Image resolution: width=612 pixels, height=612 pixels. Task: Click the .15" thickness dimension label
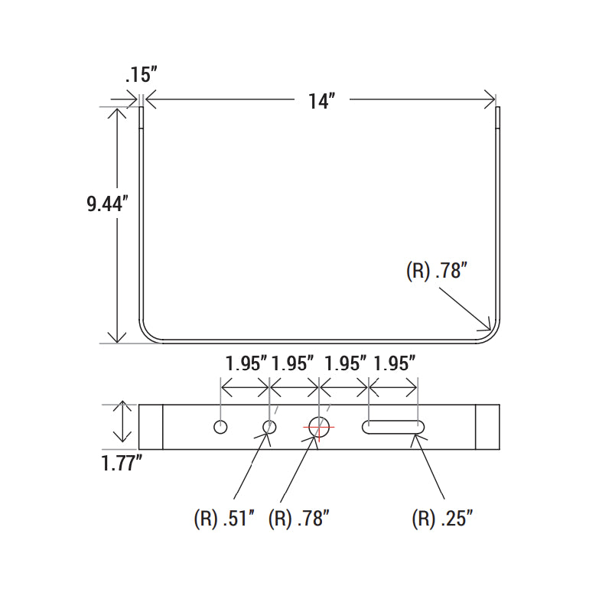click(141, 74)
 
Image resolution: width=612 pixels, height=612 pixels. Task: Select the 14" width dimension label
click(322, 100)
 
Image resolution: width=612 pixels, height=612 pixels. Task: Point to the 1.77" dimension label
click(122, 463)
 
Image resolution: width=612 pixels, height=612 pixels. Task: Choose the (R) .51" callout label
click(223, 519)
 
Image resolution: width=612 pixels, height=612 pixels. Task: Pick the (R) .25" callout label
click(442, 519)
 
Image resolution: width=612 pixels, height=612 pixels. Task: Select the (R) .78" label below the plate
click(298, 519)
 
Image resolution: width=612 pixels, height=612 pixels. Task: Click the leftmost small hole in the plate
click(221, 427)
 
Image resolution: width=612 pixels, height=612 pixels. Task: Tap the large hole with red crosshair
click(318, 427)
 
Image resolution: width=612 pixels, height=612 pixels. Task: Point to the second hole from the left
click(269, 427)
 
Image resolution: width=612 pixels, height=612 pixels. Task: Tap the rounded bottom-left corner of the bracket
click(148, 332)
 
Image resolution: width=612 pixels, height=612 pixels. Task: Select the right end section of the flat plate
click(487, 427)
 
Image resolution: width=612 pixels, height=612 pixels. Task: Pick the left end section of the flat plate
click(151, 427)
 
